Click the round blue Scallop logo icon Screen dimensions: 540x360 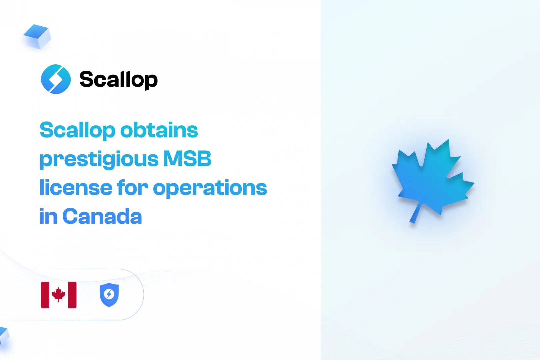click(56, 79)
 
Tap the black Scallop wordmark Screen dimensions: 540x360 click(118, 80)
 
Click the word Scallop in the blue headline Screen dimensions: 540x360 click(77, 131)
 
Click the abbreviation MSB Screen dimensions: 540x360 click(187, 159)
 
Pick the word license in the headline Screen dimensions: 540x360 click(76, 187)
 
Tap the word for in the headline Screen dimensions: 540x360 click(132, 187)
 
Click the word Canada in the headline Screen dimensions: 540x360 click(102, 216)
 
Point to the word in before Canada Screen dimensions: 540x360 click(48, 216)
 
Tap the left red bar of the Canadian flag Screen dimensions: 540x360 click(45, 295)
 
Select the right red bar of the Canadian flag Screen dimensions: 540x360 click(72, 295)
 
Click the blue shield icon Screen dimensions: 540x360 click(109, 295)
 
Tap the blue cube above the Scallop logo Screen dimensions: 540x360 click(37, 36)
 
